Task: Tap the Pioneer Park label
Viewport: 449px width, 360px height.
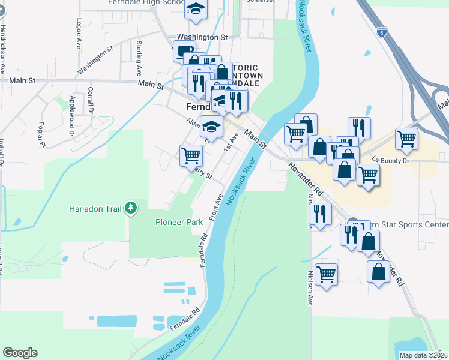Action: tap(180, 221)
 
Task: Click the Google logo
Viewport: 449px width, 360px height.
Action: tap(20, 353)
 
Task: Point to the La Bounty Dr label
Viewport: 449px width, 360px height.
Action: tap(390, 160)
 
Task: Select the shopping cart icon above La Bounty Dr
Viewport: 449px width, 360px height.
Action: tap(407, 139)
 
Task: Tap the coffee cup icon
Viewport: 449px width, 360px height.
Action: tap(184, 51)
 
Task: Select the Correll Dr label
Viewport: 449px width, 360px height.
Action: tap(91, 100)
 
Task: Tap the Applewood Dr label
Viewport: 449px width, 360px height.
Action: tap(71, 107)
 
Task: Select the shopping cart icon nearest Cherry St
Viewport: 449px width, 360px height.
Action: tap(191, 155)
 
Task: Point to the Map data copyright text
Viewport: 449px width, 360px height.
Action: tap(424, 355)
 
